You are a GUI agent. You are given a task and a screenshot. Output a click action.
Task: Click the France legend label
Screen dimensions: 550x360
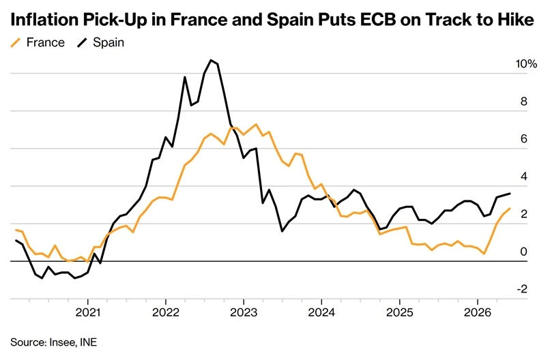pos(46,42)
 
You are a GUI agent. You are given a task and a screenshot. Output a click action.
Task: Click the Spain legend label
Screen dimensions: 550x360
pos(108,43)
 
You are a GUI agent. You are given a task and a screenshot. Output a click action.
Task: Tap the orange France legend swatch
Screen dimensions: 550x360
pos(16,43)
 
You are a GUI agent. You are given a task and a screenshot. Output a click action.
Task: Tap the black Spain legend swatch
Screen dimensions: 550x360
pos(82,43)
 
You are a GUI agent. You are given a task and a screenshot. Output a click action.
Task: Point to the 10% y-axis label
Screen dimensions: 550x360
pos(526,64)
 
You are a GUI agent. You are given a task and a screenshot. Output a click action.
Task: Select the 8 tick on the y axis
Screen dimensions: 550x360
pos(523,102)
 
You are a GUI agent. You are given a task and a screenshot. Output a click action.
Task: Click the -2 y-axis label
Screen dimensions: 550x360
pos(522,289)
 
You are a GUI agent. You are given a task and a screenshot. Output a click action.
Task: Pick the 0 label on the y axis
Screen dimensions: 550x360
pos(523,252)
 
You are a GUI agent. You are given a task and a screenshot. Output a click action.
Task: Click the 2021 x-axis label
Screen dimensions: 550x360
pos(88,312)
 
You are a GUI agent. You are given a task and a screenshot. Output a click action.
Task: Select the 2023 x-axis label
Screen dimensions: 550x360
pos(244,312)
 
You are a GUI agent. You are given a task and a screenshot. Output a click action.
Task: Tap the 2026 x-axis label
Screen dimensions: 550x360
pos(477,312)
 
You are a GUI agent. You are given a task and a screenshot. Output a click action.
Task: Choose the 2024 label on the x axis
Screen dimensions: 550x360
pos(321,312)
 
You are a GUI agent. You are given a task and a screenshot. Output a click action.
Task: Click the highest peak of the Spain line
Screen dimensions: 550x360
pos(211,60)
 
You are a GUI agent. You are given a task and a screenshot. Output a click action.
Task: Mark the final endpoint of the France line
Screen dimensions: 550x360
pos(510,209)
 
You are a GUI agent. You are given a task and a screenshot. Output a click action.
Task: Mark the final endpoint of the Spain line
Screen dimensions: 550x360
pos(510,194)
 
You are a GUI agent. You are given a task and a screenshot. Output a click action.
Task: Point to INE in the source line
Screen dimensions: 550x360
pos(89,342)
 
